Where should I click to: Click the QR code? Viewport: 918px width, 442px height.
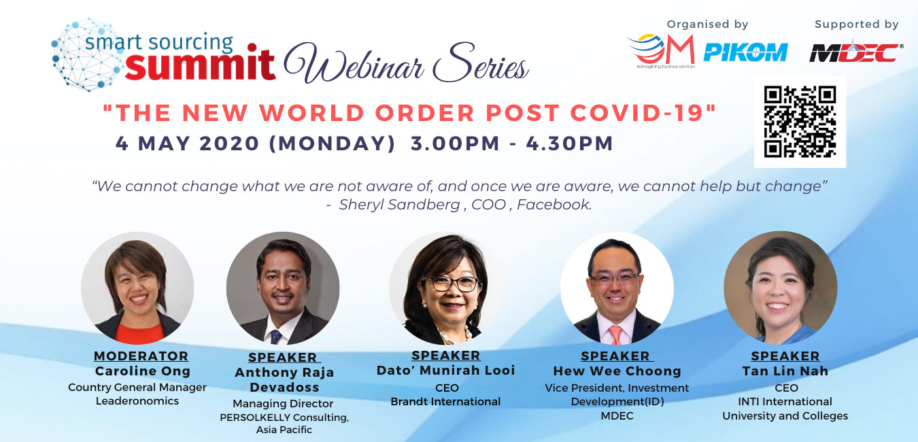point(800,122)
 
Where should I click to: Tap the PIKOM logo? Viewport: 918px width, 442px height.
point(745,52)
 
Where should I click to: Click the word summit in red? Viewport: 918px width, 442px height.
point(200,63)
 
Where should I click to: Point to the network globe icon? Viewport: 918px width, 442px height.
point(87,54)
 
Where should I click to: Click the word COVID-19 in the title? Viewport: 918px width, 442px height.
point(643,113)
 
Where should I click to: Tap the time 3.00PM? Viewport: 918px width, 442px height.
point(456,143)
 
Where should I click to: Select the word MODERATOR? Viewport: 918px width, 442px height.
point(141,356)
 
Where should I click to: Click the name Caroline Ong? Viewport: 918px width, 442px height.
point(143,371)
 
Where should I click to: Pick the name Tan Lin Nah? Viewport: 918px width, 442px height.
point(785,371)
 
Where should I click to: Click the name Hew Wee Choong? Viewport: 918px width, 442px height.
point(617,371)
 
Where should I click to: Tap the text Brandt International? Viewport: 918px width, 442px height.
point(445,401)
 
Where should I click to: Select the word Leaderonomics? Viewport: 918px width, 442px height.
point(137,401)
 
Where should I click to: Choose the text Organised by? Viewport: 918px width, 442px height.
point(707,24)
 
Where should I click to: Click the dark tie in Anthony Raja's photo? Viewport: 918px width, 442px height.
point(275,337)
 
